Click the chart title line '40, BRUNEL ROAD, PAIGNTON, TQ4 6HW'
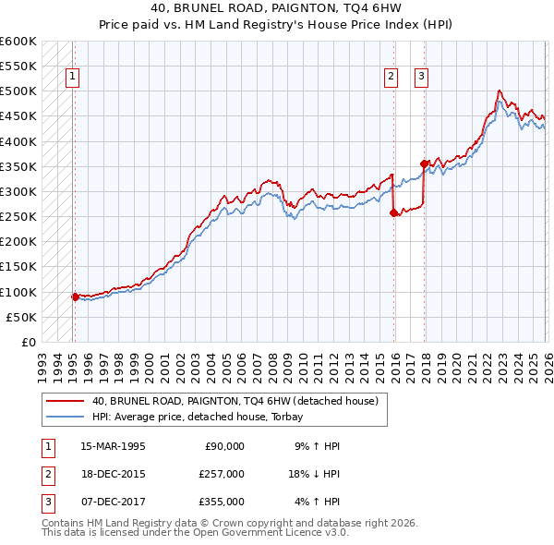[x=277, y=10]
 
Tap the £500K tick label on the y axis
[x=18, y=91]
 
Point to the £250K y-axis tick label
[x=18, y=217]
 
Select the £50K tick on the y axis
[x=21, y=317]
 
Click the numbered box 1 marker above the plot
[x=72, y=77]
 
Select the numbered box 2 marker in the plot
[x=391, y=77]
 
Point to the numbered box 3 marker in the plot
[x=421, y=77]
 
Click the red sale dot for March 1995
[x=76, y=297]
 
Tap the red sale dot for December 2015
[x=393, y=212]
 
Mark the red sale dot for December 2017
[x=424, y=163]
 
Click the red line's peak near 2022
[x=499, y=91]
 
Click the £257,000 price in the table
[x=223, y=474]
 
